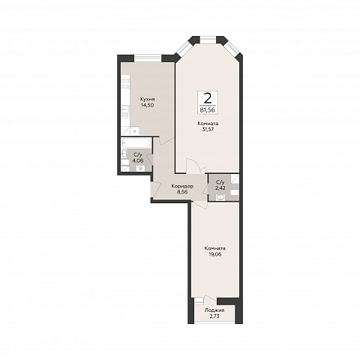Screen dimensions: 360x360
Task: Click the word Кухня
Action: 147,99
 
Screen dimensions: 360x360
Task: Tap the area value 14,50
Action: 147,105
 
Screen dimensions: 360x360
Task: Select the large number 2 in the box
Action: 208,98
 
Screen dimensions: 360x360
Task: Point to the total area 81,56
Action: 208,109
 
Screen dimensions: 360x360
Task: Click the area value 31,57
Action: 208,130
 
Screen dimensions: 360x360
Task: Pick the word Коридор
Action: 182,186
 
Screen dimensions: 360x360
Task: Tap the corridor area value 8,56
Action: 182,192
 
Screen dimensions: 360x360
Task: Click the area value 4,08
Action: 138,160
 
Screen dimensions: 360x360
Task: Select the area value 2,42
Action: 220,187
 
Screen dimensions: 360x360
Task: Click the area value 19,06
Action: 214,254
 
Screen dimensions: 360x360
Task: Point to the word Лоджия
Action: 214,310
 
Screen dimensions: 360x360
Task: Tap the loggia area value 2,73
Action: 214,316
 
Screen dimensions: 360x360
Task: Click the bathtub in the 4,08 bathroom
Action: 136,142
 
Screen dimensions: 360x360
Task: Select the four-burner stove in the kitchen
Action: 125,83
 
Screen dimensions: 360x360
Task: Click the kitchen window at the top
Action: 148,58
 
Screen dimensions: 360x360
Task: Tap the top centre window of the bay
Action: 208,40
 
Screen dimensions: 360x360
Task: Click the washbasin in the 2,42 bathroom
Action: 220,198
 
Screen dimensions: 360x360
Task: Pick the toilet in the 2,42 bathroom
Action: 235,193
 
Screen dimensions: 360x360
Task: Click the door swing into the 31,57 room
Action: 196,166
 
